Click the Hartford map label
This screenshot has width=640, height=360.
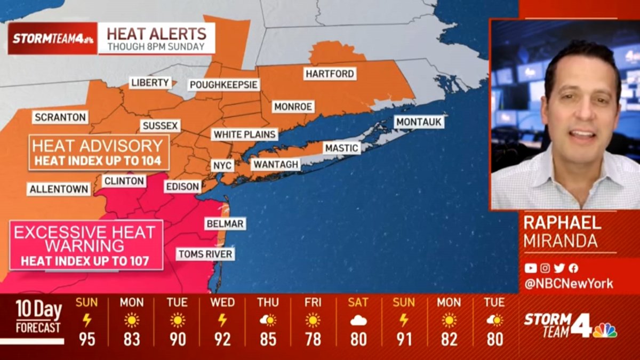[x=330, y=74]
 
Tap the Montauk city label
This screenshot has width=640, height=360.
[x=419, y=122]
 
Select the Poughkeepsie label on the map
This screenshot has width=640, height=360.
[x=224, y=85]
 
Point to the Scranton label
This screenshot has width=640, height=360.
[x=60, y=117]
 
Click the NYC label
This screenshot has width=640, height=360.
[x=222, y=165]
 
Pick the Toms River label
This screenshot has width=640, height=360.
[x=205, y=254]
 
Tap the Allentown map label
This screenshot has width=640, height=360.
[x=59, y=189]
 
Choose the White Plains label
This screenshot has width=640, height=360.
[x=245, y=134]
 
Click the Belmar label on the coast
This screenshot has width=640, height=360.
[x=225, y=223]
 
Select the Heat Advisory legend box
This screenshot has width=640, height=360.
[x=99, y=153]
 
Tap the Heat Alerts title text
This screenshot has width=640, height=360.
[x=156, y=34]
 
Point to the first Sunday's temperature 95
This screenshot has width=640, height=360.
[x=86, y=339]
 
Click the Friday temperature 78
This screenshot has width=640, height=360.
[x=313, y=339]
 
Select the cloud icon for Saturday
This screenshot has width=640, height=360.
[x=358, y=321]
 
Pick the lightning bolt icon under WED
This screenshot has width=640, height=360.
[x=222, y=321]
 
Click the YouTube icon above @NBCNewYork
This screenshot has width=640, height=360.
[x=530, y=268]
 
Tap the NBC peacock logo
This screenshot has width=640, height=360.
[x=605, y=330]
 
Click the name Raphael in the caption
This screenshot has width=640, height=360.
[x=562, y=223]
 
